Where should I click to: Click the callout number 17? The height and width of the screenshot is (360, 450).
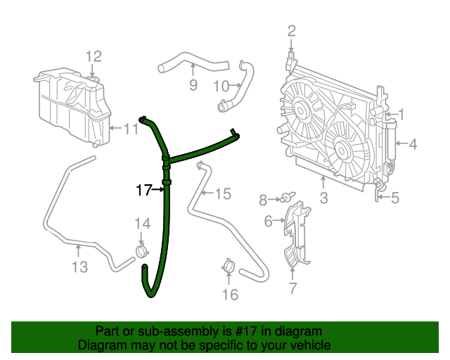(x=144, y=189)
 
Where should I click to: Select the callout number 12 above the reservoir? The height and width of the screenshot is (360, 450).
(x=94, y=57)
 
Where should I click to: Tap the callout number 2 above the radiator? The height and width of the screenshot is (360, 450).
(x=291, y=31)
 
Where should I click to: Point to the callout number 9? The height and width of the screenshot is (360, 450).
(x=193, y=86)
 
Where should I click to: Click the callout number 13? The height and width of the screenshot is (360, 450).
(x=79, y=266)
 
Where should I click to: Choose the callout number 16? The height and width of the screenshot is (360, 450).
(x=230, y=294)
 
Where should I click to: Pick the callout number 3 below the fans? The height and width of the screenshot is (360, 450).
(x=323, y=198)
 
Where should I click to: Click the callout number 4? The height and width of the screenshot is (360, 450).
(x=413, y=144)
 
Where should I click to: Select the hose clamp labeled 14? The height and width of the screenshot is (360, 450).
(x=143, y=250)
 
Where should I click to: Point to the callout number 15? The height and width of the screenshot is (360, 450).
(x=222, y=193)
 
